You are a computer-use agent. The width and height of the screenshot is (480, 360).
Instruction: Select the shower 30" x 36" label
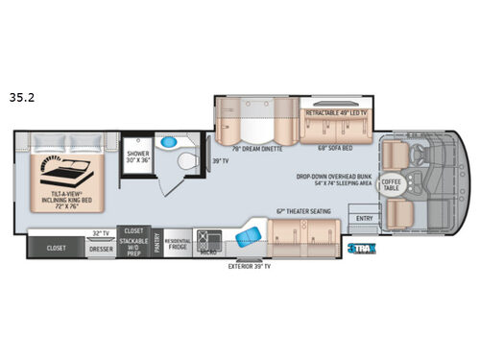coord(135,156)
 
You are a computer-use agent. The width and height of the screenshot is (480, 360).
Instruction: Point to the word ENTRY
coord(365,218)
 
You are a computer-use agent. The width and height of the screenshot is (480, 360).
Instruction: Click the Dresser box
coord(101,247)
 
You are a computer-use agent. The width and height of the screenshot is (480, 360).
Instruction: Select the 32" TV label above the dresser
coord(100,233)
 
